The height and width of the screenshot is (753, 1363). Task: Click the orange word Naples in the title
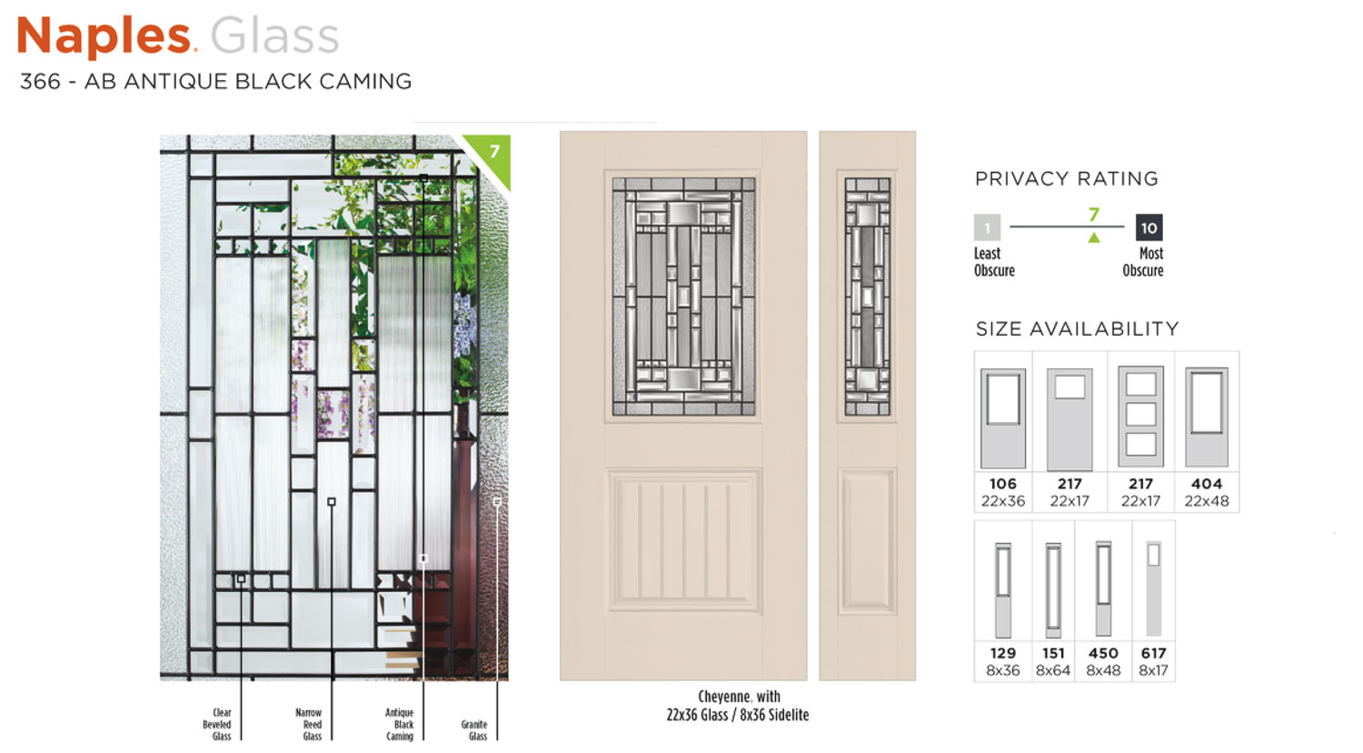[104, 36]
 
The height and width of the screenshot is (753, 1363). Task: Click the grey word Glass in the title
[274, 36]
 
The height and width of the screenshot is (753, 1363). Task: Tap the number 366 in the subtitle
[40, 81]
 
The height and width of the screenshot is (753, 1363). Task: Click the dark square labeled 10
[1149, 228]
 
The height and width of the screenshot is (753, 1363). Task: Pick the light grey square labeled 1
[987, 228]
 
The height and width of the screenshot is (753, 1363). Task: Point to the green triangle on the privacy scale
[1093, 237]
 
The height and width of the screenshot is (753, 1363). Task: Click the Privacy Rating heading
[1066, 178]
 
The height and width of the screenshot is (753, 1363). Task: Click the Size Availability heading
[1077, 329]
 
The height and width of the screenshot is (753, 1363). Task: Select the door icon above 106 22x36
[1003, 418]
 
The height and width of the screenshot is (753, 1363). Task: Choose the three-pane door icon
[1140, 417]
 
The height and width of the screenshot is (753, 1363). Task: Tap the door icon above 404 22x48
[1206, 417]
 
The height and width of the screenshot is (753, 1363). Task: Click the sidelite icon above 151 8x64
[1053, 589]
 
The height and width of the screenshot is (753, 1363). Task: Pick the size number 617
[1153, 653]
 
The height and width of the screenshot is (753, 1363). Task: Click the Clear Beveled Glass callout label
[217, 725]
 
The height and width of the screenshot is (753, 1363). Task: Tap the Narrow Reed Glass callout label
[309, 725]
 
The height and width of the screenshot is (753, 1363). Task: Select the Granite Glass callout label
[474, 730]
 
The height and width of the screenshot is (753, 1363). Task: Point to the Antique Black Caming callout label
[399, 725]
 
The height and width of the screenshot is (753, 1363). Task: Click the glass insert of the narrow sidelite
[867, 296]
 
